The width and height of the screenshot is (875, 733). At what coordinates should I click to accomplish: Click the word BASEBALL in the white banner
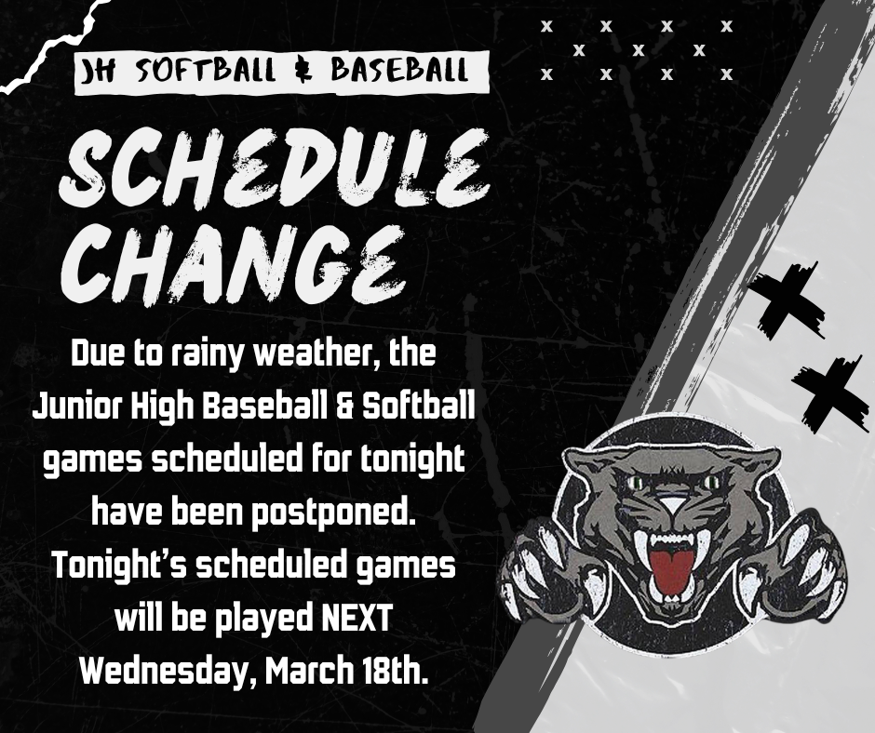[x=397, y=70]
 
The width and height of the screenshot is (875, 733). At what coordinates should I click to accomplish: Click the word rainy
[x=196, y=356]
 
